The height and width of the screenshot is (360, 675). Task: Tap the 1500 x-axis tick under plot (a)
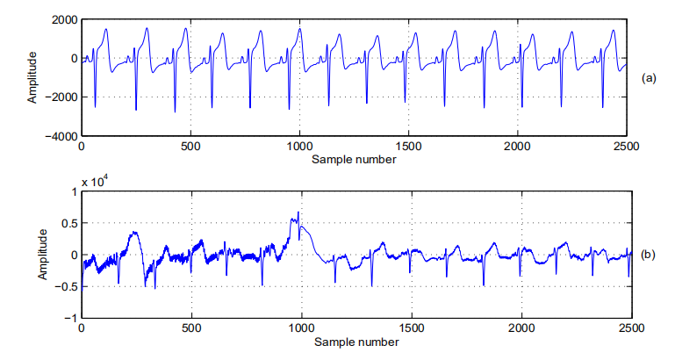pyautogui.click(x=408, y=148)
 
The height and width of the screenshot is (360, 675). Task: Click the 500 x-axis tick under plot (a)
pyautogui.click(x=190, y=148)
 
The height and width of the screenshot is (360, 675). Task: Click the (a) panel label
pyautogui.click(x=649, y=78)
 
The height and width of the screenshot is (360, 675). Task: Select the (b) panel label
pyautogui.click(x=649, y=256)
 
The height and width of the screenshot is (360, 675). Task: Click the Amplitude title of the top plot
pyautogui.click(x=32, y=78)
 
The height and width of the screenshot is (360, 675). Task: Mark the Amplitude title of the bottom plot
pyautogui.click(x=41, y=255)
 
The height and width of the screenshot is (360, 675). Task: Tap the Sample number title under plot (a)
pyautogui.click(x=354, y=160)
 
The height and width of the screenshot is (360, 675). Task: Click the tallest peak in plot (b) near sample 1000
pyautogui.click(x=298, y=212)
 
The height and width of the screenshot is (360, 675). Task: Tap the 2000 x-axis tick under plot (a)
pyautogui.click(x=517, y=148)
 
